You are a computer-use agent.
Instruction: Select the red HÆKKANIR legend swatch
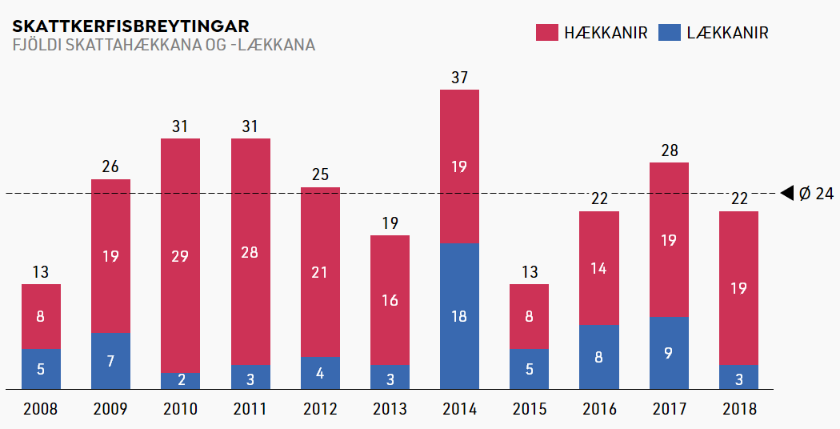pos(546,32)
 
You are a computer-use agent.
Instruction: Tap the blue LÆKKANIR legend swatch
pos(669,32)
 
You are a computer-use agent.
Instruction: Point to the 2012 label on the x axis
pos(320,409)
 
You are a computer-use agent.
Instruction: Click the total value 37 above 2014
pos(459,78)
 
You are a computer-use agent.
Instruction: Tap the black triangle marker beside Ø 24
pos(786,192)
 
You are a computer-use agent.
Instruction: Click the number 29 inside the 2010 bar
pos(181,256)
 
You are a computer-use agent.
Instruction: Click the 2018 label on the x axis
pos(738,409)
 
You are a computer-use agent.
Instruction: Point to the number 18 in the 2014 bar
pos(459,316)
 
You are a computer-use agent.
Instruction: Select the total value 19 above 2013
pos(390,223)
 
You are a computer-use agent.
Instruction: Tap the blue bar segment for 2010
pos(181,381)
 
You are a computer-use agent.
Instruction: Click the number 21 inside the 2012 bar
pos(320,272)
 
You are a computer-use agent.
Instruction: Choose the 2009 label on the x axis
pos(110,409)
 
